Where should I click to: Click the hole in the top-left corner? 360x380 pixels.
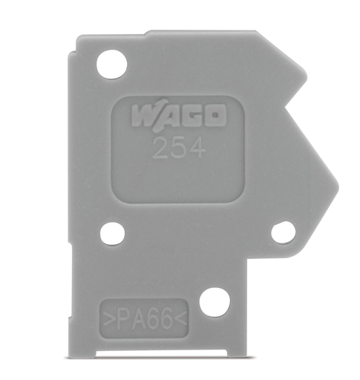pos(112,64)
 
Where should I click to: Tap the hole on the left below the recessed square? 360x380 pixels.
pos(112,233)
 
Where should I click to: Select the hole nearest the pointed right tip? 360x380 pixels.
pos(283,232)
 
